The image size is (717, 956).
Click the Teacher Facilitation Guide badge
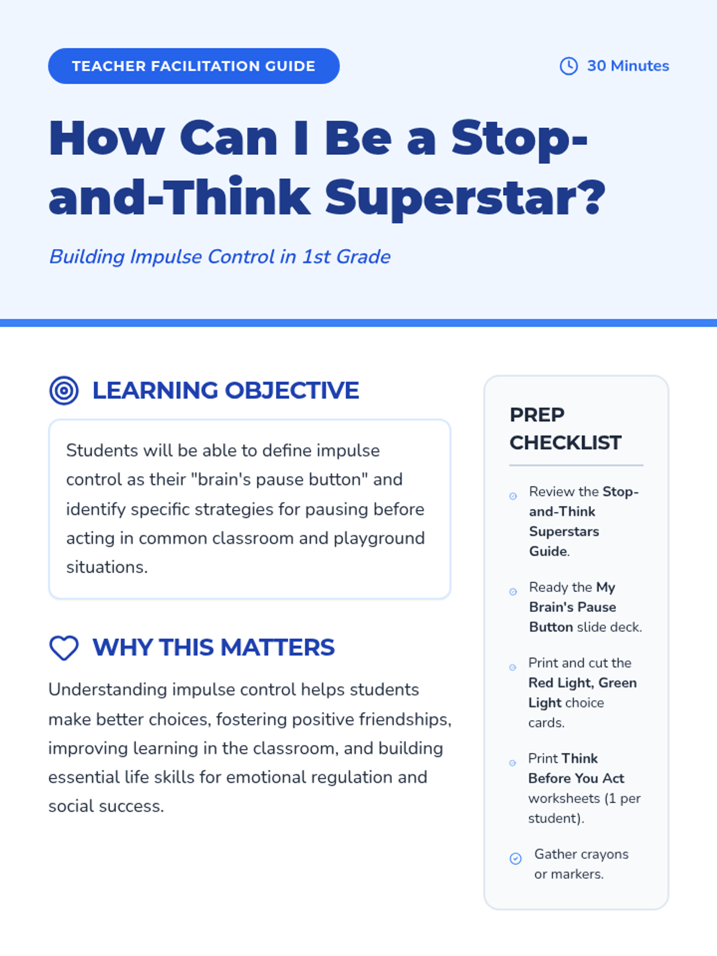194,66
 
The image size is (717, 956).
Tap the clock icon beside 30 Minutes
569,66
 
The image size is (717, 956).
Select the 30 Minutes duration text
628,66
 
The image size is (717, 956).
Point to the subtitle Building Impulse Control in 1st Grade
220,256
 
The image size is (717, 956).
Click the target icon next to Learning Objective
64,391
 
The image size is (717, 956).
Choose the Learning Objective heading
225,390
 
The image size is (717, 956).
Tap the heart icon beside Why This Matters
64,648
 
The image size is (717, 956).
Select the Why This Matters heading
214,647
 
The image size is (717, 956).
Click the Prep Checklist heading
565,428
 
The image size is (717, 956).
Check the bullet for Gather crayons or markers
516,859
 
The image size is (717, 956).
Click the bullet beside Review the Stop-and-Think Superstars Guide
513,496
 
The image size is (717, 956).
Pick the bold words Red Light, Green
583,683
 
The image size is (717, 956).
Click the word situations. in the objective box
107,568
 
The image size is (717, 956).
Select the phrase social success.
106,807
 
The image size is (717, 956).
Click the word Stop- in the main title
520,139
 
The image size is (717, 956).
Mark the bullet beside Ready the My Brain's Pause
513,592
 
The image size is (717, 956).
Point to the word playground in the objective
379,539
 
